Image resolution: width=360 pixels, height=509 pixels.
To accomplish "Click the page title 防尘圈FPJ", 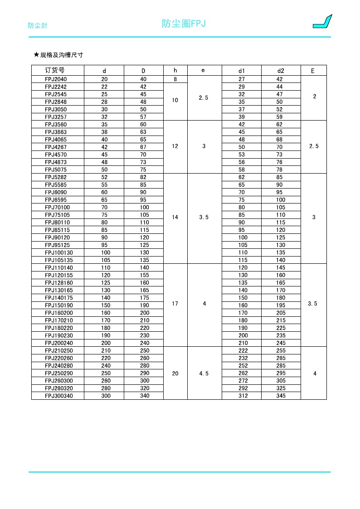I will (184, 24).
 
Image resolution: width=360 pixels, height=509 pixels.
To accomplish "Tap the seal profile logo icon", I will (322, 22).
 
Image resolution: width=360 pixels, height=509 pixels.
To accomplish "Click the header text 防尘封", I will (38, 25).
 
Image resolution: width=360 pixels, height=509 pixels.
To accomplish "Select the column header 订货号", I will (55, 70).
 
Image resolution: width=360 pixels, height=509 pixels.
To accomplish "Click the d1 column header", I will (242, 71).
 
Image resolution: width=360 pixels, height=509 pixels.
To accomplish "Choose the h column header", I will (175, 70).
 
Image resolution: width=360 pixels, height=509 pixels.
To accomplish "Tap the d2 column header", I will (281, 71).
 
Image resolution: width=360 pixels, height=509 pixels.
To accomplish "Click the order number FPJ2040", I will (56, 79).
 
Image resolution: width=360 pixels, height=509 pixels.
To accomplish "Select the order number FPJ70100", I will (57, 207).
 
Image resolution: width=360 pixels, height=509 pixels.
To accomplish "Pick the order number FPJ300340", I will (58, 396).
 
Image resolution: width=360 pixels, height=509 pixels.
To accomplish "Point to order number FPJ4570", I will (56, 155).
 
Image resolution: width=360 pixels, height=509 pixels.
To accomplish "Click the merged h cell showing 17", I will (175, 304).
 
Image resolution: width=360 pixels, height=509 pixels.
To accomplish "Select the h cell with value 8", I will (175, 79).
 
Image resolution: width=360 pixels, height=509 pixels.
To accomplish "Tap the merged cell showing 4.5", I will (204, 373).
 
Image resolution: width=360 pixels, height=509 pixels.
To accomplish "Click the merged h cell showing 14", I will (175, 217).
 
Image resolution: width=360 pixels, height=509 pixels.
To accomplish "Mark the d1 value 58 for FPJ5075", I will (242, 170).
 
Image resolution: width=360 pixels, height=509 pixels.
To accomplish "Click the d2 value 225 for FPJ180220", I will (281, 328).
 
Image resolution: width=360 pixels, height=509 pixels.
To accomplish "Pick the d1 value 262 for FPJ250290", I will (242, 373).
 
